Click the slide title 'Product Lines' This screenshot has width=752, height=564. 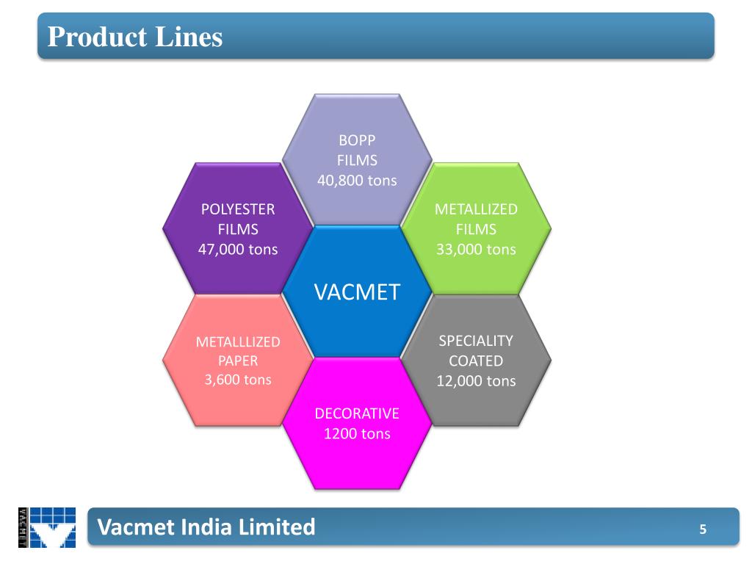tap(135, 36)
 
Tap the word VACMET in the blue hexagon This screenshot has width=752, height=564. tap(357, 292)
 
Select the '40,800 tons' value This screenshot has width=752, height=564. tap(357, 180)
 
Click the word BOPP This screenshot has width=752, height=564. tap(357, 140)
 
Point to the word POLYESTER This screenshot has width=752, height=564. tap(238, 209)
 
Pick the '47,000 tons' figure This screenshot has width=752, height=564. tap(238, 249)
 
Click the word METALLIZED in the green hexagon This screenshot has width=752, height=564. tap(476, 209)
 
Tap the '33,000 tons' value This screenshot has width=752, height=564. tap(476, 249)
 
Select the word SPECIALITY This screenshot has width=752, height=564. tap(476, 341)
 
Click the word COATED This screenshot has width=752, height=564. tap(476, 361)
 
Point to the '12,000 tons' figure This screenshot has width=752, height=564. tap(476, 380)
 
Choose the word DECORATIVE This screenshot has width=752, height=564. tap(357, 413)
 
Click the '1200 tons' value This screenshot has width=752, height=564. tap(357, 433)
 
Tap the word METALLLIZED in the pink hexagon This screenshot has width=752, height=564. tap(238, 341)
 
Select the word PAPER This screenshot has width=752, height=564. tap(238, 361)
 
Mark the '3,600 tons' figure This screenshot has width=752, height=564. tap(238, 380)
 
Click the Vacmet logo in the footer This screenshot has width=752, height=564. tap(47, 527)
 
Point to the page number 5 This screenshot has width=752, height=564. tap(703, 529)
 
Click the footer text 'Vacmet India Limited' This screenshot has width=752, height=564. tap(206, 527)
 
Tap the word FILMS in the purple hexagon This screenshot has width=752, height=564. tap(238, 229)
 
